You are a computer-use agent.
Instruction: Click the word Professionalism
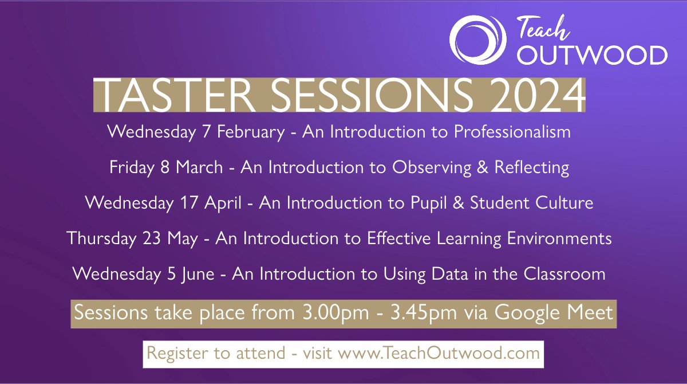click(512, 132)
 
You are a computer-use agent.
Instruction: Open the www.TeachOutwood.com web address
click(439, 353)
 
